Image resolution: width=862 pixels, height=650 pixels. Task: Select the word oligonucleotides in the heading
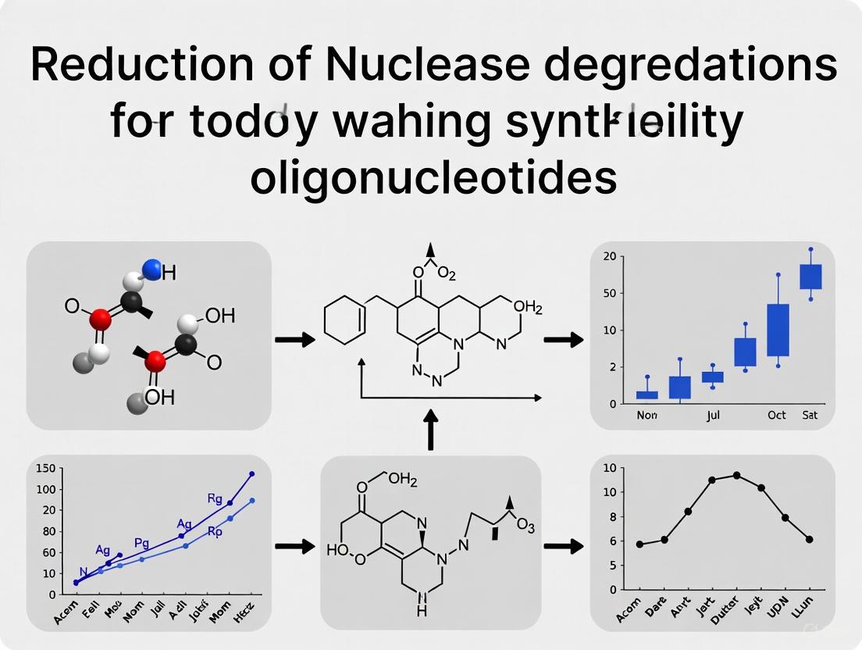433,178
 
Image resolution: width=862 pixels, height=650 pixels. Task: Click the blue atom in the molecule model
152,270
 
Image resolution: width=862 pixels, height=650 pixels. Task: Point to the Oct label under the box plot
776,415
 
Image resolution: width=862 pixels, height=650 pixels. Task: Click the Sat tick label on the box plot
810,415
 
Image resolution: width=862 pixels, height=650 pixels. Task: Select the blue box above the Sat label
810,277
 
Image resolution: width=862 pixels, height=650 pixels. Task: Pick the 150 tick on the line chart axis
45,468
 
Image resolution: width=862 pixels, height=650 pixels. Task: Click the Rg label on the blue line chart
215,498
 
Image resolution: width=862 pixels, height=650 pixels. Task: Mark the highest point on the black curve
736,475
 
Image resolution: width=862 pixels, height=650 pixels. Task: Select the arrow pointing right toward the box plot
563,340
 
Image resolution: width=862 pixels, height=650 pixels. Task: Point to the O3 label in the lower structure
525,527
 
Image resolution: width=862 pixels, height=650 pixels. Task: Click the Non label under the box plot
646,415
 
